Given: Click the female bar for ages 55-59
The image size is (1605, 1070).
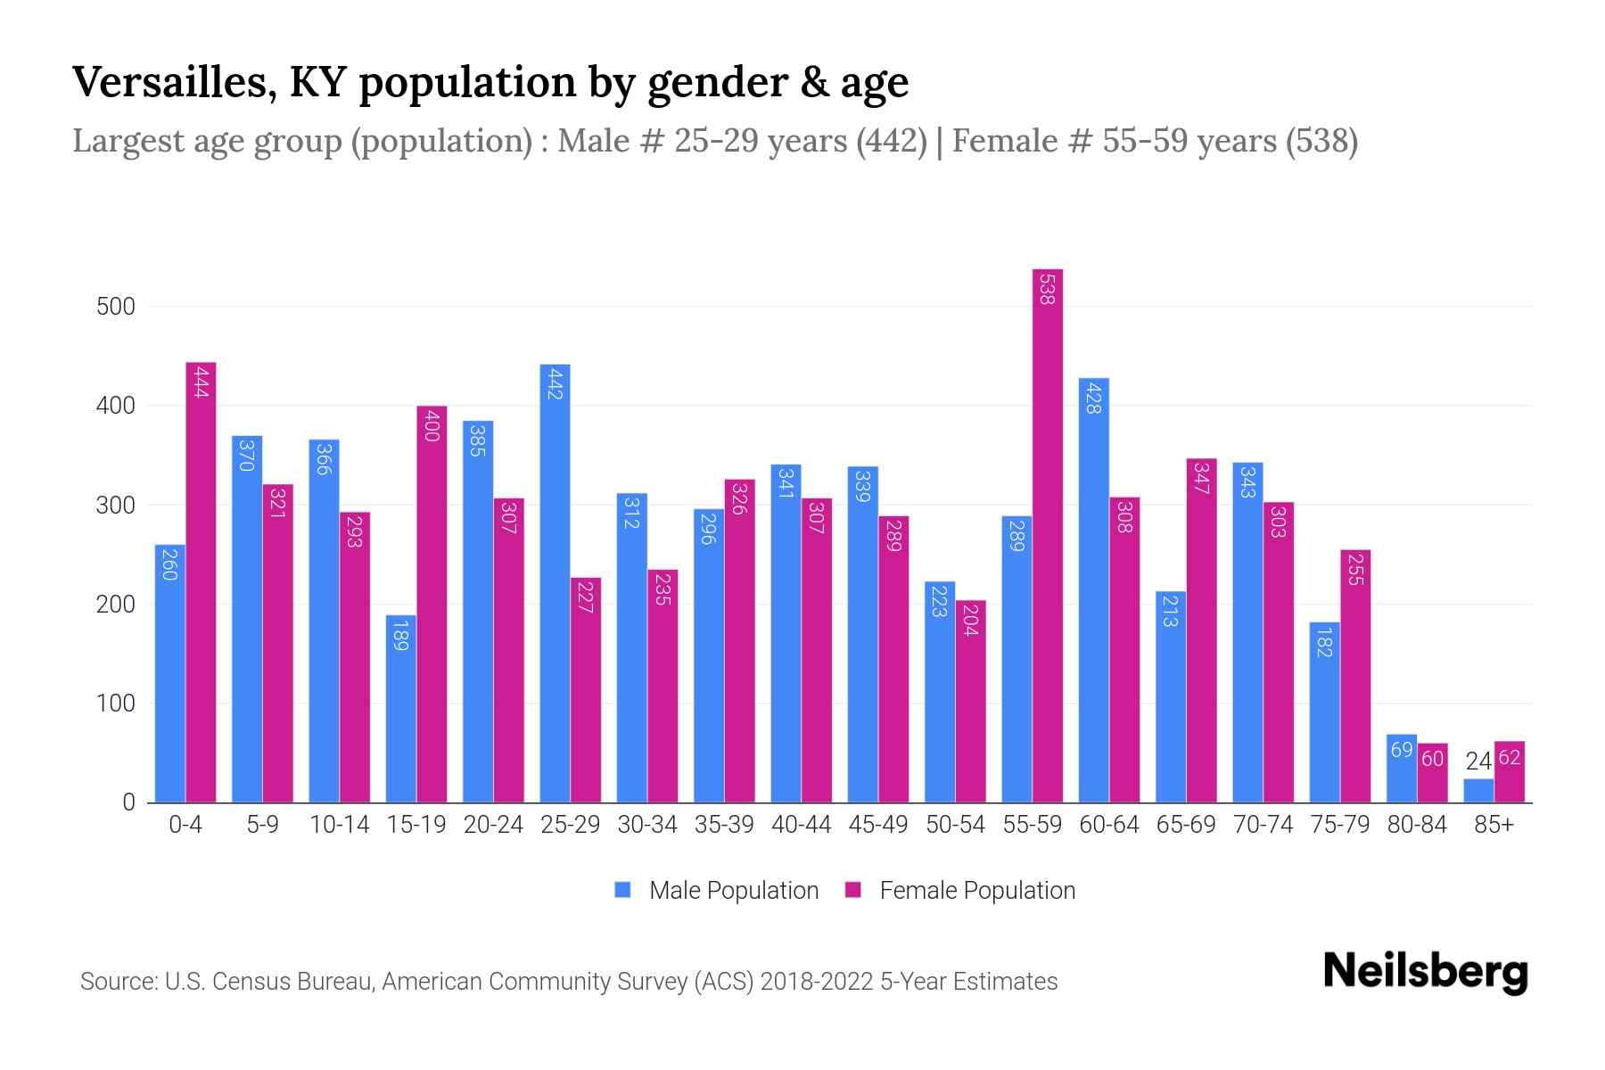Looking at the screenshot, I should [1048, 535].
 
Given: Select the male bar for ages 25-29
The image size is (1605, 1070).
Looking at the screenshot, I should [555, 584].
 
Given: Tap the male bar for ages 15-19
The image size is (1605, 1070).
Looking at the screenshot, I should [400, 709].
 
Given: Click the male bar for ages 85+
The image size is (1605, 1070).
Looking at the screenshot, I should [1478, 791].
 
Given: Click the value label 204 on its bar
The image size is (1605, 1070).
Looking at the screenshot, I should [970, 620].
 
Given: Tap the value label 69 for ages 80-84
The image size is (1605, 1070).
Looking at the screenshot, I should [1402, 750].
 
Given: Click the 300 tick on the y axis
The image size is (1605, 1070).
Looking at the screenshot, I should [116, 506].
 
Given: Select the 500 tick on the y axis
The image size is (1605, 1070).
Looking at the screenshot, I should [116, 307].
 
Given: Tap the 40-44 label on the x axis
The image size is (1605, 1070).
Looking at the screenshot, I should [801, 825].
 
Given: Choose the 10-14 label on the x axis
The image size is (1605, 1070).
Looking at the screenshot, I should [339, 825].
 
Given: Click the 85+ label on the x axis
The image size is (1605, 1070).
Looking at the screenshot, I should [1494, 825].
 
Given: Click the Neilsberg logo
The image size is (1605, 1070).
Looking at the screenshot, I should [1425, 972].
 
